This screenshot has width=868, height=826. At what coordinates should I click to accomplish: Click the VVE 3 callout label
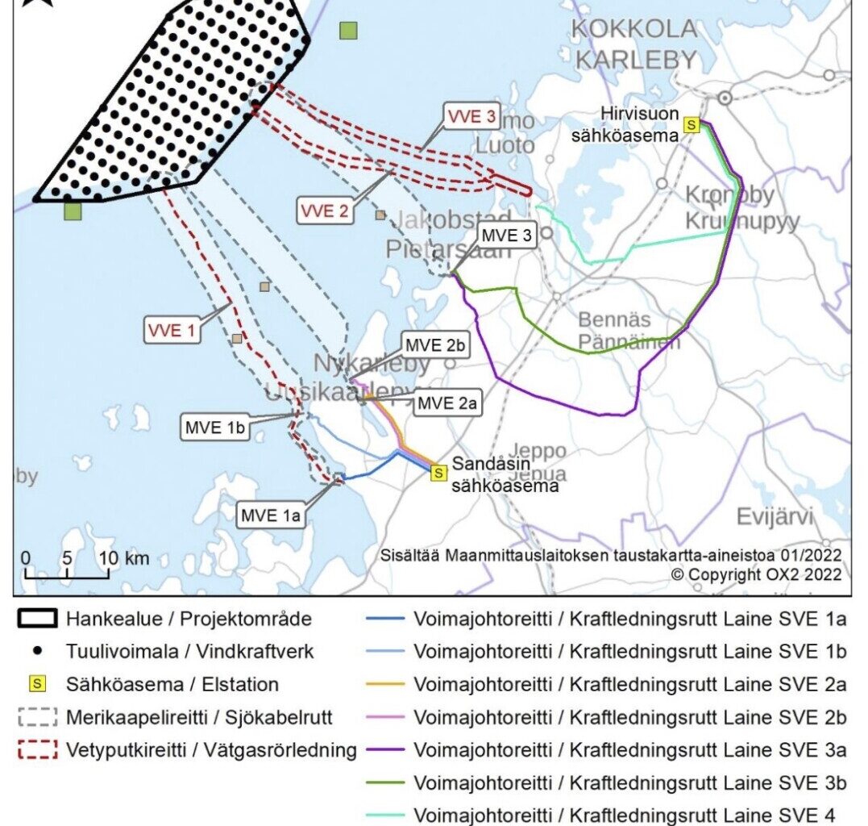point(480,116)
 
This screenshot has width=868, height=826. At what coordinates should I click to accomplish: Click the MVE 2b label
point(435,345)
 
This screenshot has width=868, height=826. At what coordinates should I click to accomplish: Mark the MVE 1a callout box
point(272,514)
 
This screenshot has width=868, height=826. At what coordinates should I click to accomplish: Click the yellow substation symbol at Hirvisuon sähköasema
point(691,124)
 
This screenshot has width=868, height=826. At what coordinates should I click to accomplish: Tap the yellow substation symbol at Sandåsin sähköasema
point(438,473)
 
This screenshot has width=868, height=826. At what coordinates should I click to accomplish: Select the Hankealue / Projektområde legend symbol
point(36,619)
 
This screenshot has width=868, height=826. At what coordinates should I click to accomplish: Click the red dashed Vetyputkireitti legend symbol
point(36,749)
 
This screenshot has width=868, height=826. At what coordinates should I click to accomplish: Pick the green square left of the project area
point(73,211)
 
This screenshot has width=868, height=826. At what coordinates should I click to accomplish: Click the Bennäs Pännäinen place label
point(629,329)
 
